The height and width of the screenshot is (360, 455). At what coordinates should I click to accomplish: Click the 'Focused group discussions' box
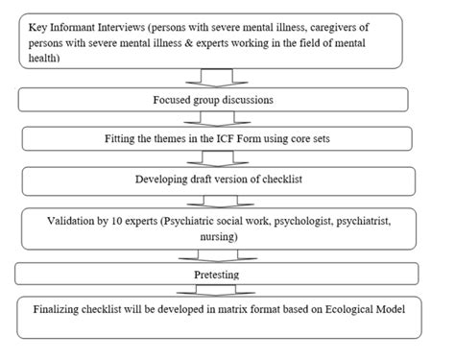pyautogui.click(x=227, y=99)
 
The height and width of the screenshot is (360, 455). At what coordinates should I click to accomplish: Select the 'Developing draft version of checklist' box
pyautogui.click(x=227, y=178)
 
